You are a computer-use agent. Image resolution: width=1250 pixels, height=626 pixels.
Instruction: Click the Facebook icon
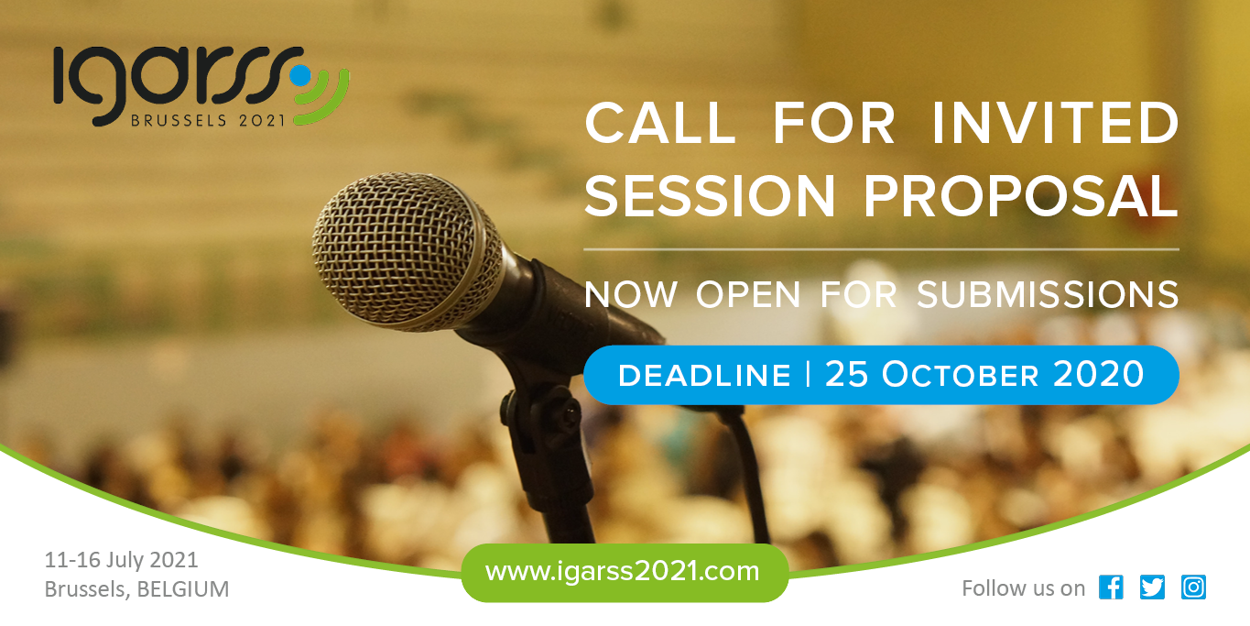tap(1111, 587)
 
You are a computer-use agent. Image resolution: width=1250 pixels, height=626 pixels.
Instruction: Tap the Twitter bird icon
tap(1152, 587)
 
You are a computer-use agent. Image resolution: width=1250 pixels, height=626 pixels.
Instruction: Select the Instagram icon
tap(1193, 587)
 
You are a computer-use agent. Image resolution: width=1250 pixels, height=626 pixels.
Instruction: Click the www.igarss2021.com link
tap(622, 571)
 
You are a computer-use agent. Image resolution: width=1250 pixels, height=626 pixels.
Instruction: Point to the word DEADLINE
tap(704, 375)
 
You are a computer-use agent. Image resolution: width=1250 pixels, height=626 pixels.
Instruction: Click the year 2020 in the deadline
tap(1098, 374)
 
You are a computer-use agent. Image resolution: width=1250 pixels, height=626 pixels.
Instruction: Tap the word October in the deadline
tap(960, 374)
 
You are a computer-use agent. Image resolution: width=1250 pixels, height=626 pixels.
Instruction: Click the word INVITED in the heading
tap(1055, 123)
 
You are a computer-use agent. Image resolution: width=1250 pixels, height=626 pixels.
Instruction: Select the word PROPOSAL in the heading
tap(1021, 195)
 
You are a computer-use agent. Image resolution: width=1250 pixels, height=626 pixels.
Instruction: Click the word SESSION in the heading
tap(710, 195)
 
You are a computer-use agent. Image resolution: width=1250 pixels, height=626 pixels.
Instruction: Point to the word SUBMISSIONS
tap(1048, 294)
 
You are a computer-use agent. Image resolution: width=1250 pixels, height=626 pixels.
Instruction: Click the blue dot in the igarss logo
tap(300, 75)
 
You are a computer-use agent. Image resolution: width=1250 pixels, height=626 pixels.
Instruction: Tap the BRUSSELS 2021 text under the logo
tap(208, 120)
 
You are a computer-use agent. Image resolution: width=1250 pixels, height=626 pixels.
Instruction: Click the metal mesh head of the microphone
tap(407, 250)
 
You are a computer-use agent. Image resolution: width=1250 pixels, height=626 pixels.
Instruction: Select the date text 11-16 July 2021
tap(121, 559)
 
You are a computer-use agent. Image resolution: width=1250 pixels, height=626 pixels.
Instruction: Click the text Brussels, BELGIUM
tap(136, 589)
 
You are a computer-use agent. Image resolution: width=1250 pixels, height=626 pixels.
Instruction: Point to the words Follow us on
tap(1024, 588)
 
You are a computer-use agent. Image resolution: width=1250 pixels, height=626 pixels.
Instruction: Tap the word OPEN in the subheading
tap(748, 294)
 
